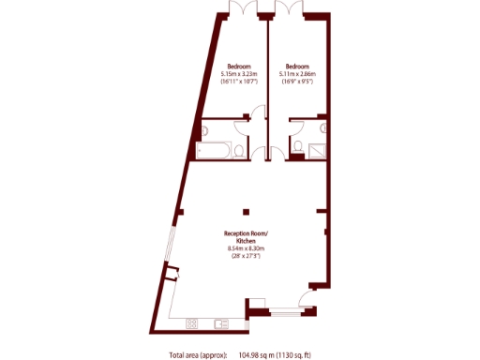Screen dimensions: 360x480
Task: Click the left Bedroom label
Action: [x=238, y=66]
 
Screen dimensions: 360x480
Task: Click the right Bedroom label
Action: [x=297, y=66]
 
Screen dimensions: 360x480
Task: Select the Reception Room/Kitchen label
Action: [x=246, y=235]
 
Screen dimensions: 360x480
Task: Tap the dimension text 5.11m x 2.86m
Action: [x=297, y=74]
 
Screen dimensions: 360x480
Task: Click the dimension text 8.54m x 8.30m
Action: [x=246, y=248]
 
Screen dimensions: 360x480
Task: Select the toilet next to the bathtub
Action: [x=241, y=150]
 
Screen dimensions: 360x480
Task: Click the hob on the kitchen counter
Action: [x=192, y=323]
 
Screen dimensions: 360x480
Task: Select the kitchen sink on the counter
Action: [x=220, y=323]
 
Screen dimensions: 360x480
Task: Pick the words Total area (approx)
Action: [x=197, y=354]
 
